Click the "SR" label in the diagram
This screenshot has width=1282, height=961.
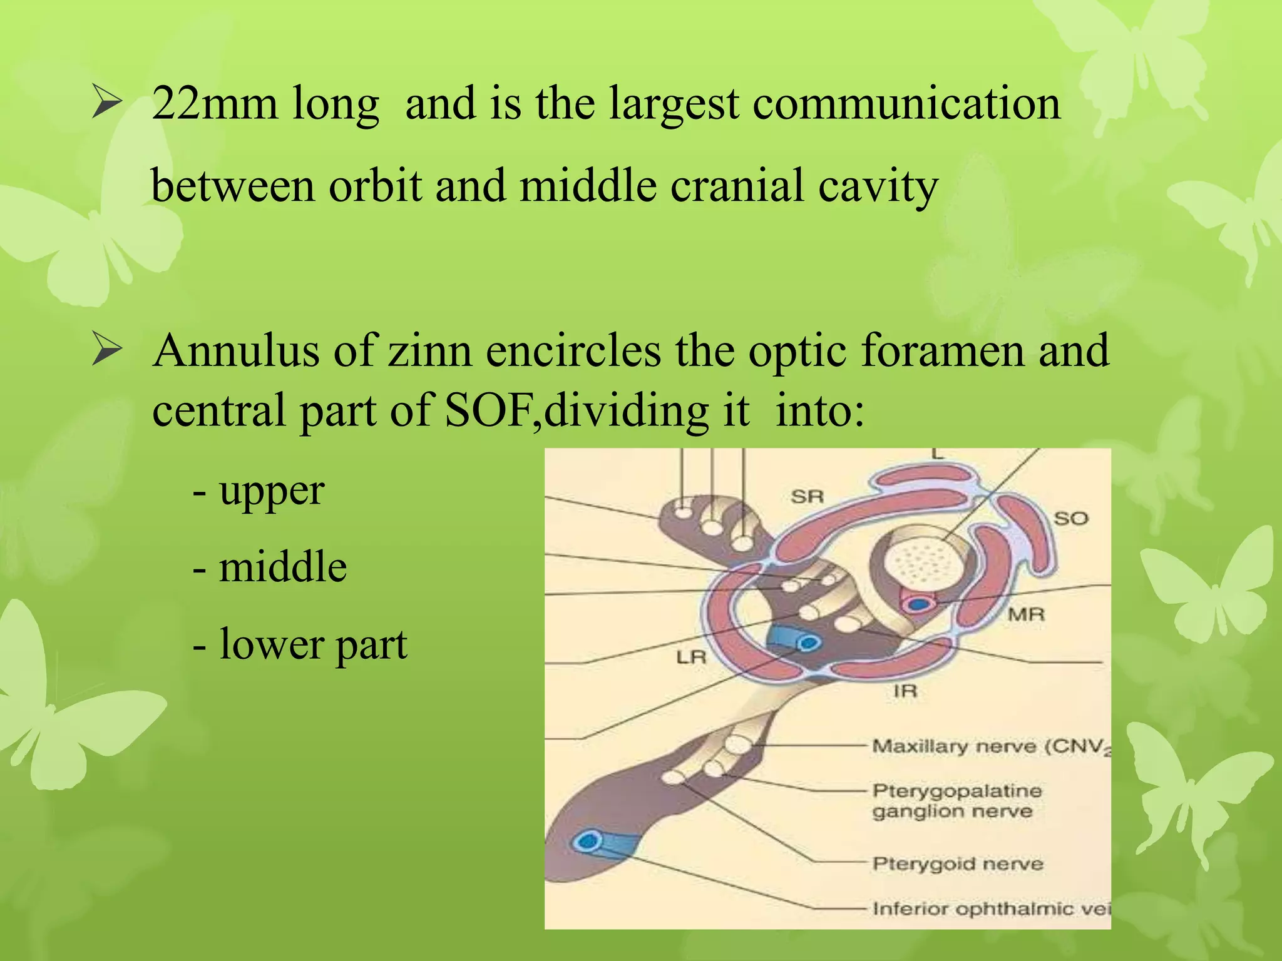click(x=807, y=497)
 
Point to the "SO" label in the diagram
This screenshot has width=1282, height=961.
click(x=1071, y=518)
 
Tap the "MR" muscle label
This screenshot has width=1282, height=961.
click(x=1026, y=614)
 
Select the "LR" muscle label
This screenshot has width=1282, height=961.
click(x=691, y=657)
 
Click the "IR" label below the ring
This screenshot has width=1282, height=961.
click(x=905, y=691)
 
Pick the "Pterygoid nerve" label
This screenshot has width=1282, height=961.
click(x=958, y=864)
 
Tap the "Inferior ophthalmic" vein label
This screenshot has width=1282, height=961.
click(x=990, y=908)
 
